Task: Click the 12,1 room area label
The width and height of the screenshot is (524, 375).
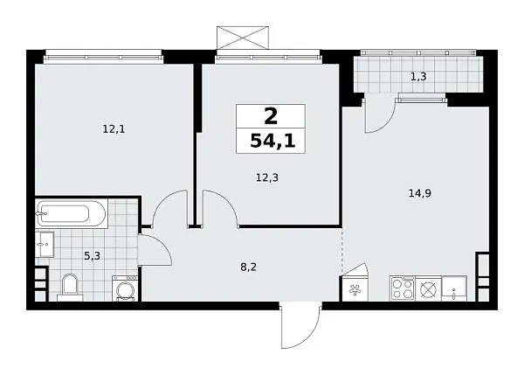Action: click(x=114, y=129)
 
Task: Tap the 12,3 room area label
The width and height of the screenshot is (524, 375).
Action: click(x=268, y=177)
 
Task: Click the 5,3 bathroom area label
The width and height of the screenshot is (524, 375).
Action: click(x=91, y=256)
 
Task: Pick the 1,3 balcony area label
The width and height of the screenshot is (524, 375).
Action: click(x=418, y=77)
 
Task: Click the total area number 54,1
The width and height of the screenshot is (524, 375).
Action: click(x=271, y=141)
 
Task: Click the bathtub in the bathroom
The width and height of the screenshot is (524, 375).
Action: click(x=71, y=213)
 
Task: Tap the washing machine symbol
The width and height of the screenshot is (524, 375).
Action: click(x=126, y=288)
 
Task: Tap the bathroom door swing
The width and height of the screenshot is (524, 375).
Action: click(x=154, y=252)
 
